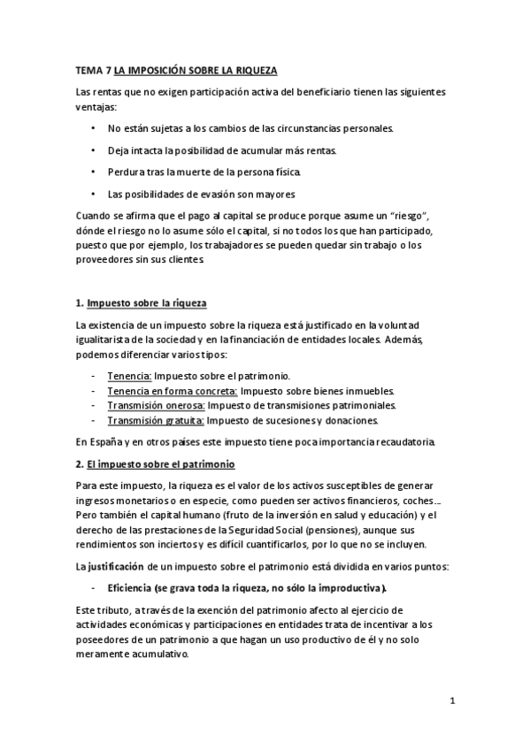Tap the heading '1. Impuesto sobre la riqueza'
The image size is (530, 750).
pyautogui.click(x=142, y=302)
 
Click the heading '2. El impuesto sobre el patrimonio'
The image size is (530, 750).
pyautogui.click(x=154, y=463)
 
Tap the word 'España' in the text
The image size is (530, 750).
pyautogui.click(x=109, y=441)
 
